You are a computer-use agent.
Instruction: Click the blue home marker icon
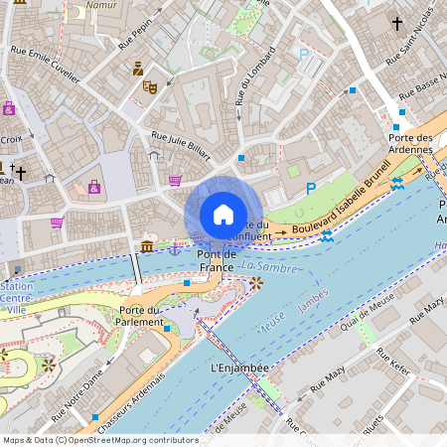pos(223,215)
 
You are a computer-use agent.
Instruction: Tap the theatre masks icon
pos(150,87)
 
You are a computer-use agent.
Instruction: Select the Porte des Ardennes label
pos(410,144)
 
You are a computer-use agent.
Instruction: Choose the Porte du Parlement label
pos(140,316)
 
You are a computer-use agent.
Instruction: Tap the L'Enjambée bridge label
pos(239,368)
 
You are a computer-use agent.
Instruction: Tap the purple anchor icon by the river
pos(173,247)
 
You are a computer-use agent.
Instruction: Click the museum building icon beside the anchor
pos(147,245)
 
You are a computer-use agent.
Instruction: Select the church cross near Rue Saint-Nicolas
pos(397,22)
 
